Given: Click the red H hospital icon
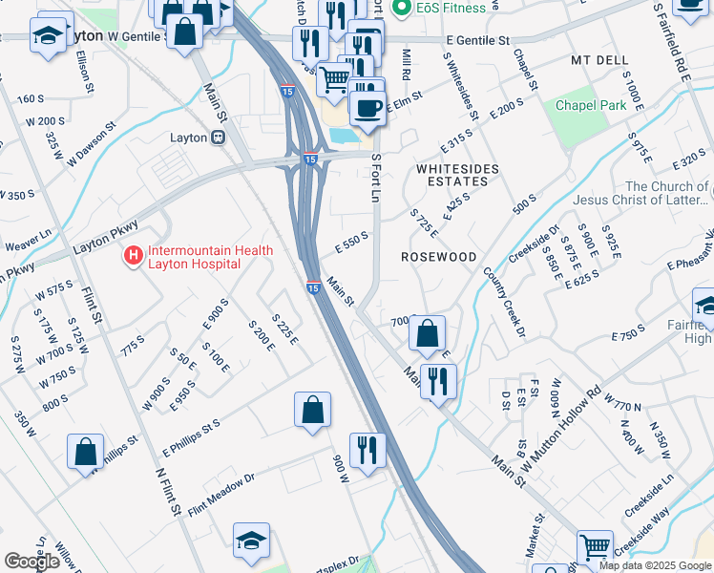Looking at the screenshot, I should point(133,256).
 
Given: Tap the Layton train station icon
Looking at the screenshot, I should point(218,138).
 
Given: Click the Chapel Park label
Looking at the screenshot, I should point(590,104).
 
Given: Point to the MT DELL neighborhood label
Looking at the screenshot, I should point(601,59).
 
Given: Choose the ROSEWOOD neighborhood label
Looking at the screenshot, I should point(438,258).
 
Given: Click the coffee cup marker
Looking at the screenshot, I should point(367,107).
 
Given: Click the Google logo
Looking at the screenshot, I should point(31,562).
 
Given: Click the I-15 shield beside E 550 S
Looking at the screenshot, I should point(313,286).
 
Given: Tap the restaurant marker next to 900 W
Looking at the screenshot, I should point(367,451).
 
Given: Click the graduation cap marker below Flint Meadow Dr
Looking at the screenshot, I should point(251,541).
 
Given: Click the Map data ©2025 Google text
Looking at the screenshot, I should point(654,565).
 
